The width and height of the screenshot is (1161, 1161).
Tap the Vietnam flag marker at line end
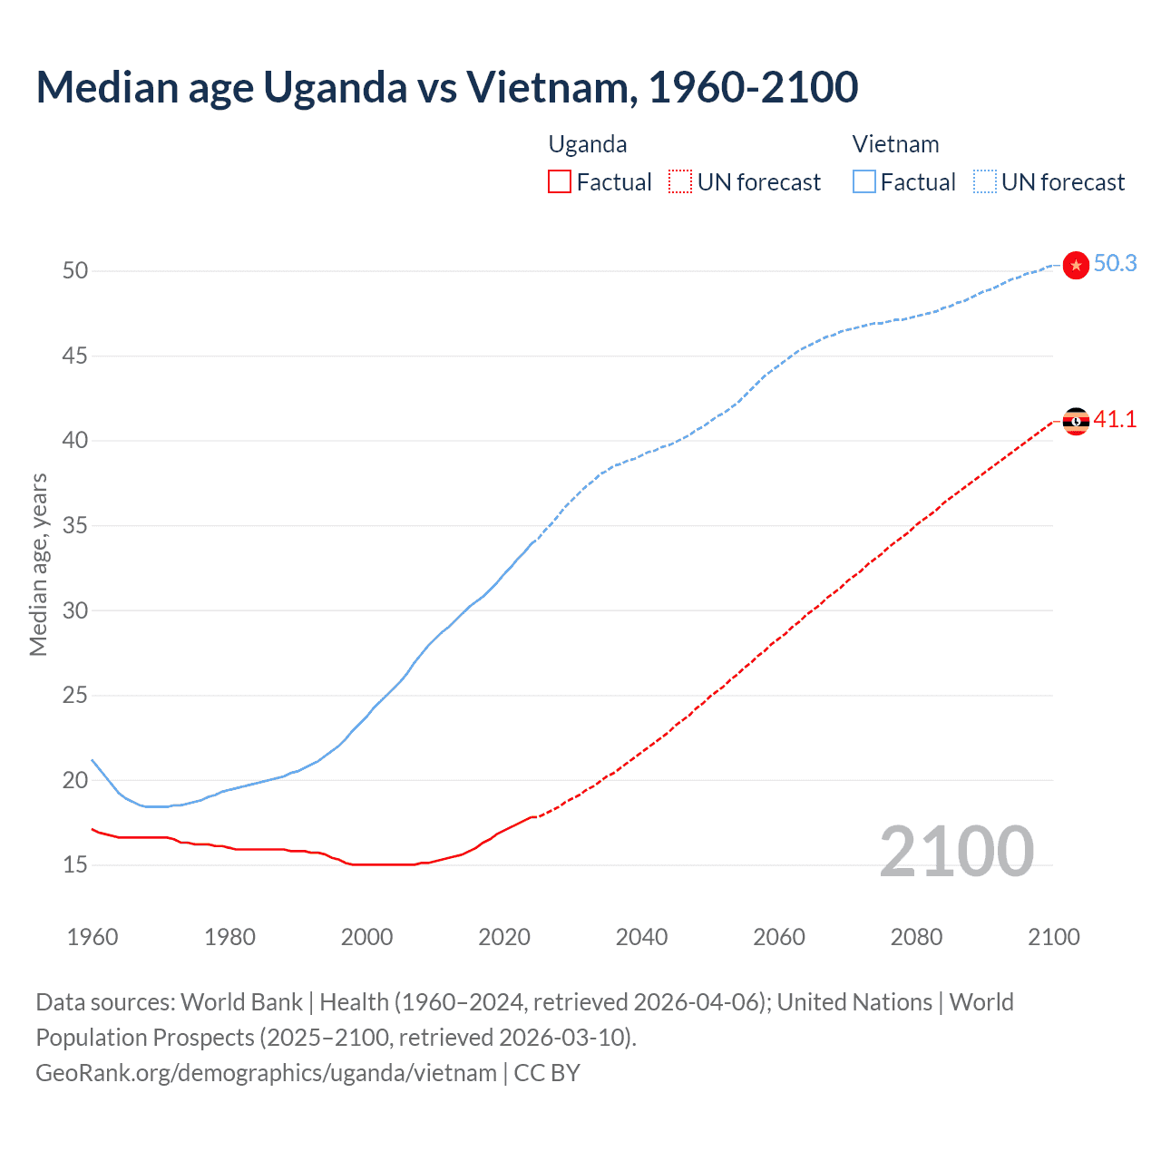(x=1076, y=265)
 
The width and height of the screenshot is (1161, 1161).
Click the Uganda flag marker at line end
(x=1076, y=421)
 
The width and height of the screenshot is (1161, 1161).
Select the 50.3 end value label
(x=1115, y=263)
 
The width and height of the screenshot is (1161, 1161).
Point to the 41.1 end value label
(x=1115, y=419)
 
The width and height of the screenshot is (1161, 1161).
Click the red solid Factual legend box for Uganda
(x=560, y=182)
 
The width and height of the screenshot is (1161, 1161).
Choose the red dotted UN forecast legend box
(x=680, y=182)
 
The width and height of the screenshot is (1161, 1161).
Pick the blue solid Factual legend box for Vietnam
(x=864, y=182)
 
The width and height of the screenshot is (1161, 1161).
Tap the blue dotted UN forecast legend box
(x=985, y=182)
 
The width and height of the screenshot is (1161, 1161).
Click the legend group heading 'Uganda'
(x=588, y=144)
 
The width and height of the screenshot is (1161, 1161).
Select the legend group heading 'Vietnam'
(x=895, y=144)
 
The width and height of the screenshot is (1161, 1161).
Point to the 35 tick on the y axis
(x=75, y=526)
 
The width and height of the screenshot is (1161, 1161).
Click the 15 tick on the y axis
(x=75, y=865)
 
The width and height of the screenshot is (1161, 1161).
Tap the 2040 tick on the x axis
(x=641, y=937)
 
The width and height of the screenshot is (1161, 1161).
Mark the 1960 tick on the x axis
(x=93, y=937)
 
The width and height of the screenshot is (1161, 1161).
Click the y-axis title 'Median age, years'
(x=38, y=564)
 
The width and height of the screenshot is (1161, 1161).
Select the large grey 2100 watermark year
(x=956, y=851)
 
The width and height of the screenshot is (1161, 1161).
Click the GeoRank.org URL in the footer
(x=266, y=1073)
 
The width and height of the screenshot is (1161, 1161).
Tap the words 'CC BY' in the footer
(x=547, y=1073)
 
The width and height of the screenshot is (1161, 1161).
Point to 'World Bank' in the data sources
(x=241, y=1002)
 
